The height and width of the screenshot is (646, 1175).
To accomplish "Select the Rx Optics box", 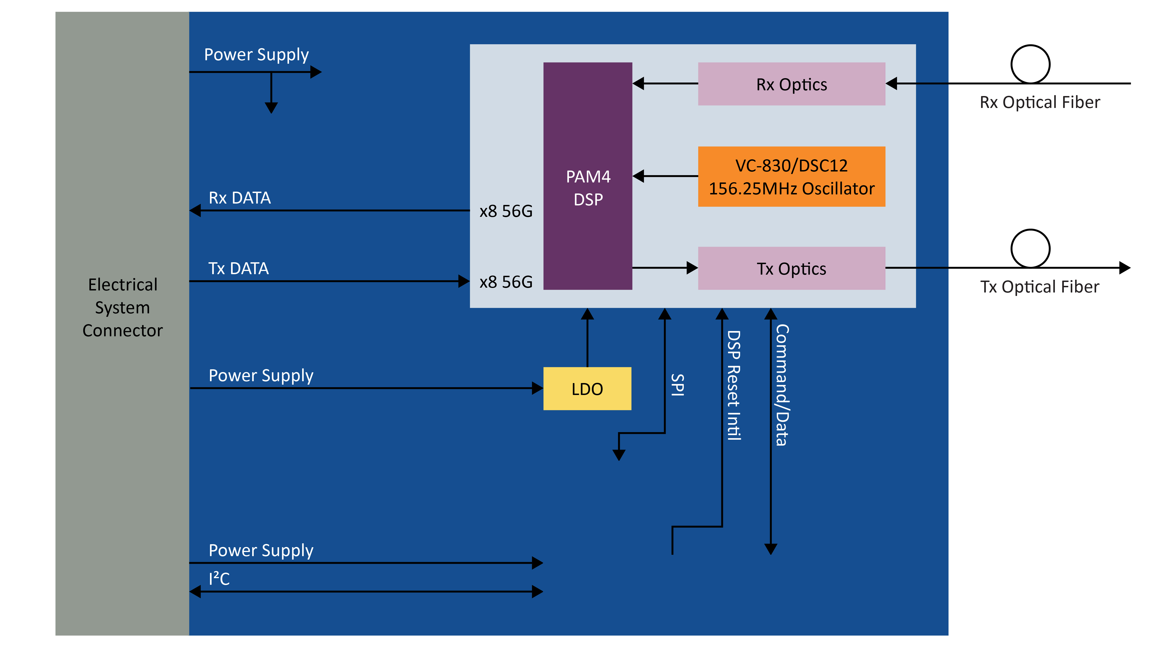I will tap(791, 84).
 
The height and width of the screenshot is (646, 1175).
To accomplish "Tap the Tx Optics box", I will tap(791, 269).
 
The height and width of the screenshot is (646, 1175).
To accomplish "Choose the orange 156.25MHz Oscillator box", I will tap(791, 177).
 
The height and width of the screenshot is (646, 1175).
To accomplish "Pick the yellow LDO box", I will tap(587, 389).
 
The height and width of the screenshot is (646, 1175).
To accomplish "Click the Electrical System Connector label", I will tap(122, 307).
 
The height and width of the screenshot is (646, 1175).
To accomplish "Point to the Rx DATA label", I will tap(240, 198).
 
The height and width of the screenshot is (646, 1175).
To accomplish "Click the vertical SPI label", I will tap(678, 385).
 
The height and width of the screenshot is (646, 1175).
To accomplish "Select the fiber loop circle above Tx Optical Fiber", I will tap(1030, 249).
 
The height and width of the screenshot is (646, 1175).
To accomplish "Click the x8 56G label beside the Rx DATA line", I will tap(506, 211).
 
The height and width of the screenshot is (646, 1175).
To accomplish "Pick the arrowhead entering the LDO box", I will tap(537, 388).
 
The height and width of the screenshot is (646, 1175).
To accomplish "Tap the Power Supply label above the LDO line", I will tap(261, 375).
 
